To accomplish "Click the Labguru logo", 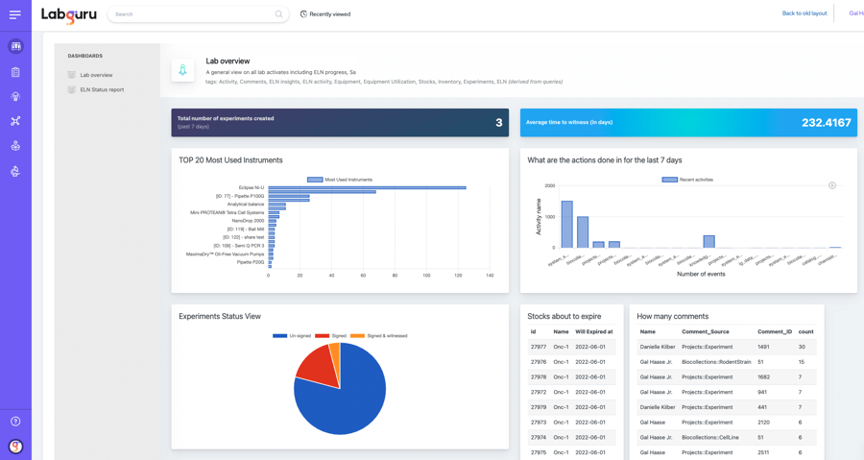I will point(69,15).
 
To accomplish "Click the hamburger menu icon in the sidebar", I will point(15,14).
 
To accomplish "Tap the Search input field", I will point(192,14).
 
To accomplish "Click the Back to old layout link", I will point(804,13).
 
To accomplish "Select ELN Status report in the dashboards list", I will point(102,89).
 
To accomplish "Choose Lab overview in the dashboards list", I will point(96,75).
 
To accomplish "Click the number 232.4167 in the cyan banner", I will point(826,123).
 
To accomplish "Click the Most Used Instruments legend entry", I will point(340,180).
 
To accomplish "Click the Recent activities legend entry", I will point(688,180).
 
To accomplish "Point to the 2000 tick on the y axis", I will point(550,186).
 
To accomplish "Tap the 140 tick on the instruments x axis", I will point(490,276).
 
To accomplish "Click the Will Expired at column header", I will point(593,331).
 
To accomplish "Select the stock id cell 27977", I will point(539,347).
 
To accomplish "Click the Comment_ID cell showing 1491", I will point(763,347).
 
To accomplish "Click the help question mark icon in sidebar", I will point(15,422).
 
